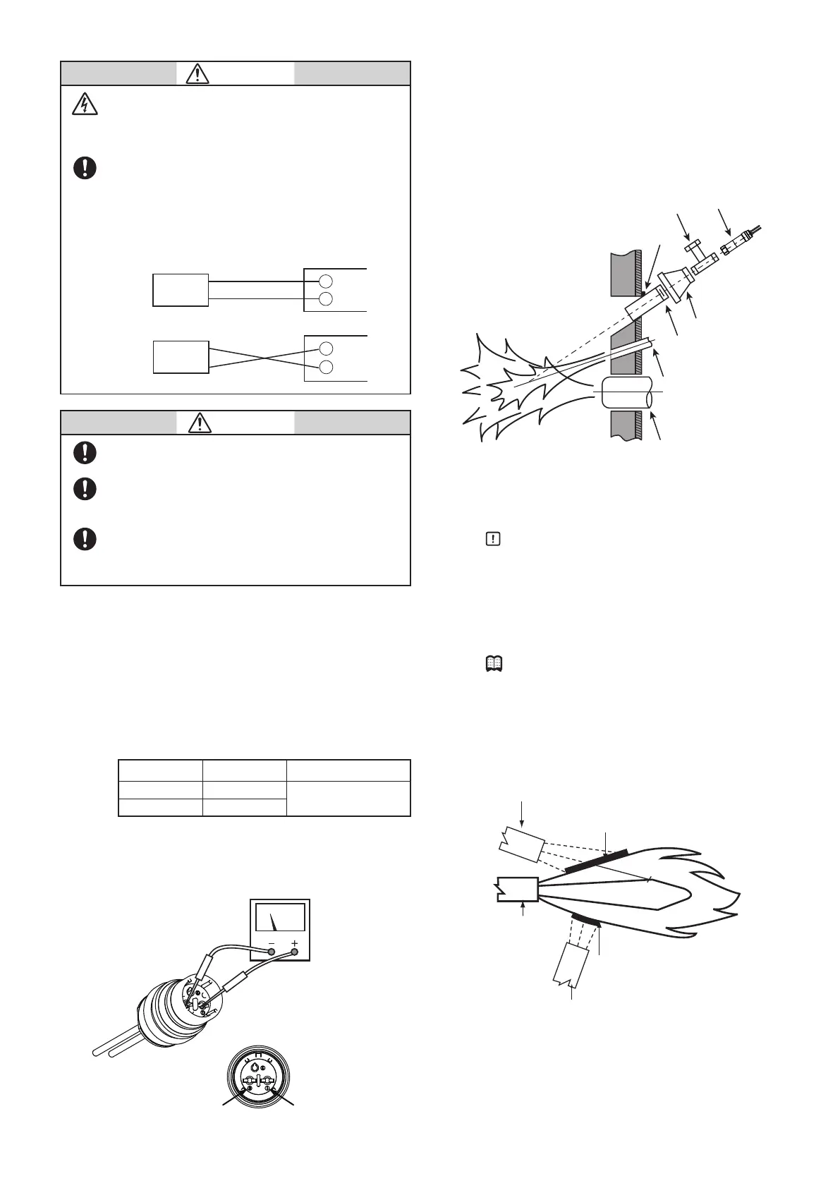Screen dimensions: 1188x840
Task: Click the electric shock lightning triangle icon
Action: [85, 104]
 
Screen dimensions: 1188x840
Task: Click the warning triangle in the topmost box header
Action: [198, 73]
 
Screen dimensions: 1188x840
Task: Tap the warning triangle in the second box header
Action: [201, 423]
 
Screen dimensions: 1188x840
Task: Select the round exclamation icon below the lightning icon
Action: [85, 168]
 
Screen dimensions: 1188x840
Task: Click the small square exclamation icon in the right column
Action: [493, 539]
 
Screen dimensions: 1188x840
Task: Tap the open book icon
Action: [493, 663]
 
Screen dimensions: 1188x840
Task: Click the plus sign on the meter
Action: [295, 943]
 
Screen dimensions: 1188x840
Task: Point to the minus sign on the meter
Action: [272, 943]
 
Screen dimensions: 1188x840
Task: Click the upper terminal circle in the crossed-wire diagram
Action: [325, 348]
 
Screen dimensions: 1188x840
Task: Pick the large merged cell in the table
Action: [348, 799]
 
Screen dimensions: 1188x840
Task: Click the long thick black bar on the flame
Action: [597, 861]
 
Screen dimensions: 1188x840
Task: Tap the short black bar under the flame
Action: [585, 919]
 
